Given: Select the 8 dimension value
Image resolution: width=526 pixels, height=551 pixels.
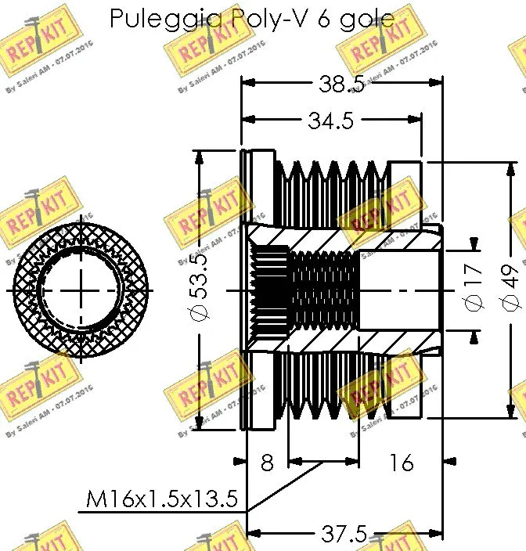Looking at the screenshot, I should tap(267, 463).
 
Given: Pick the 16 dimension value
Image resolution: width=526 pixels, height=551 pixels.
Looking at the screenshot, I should tap(400, 463).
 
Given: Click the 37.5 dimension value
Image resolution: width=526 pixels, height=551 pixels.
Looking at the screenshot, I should tap(344, 535).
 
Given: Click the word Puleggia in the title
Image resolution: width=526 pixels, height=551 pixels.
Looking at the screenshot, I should tap(155, 18).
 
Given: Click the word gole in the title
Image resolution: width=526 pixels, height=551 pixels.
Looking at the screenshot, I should tap(367, 18).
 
